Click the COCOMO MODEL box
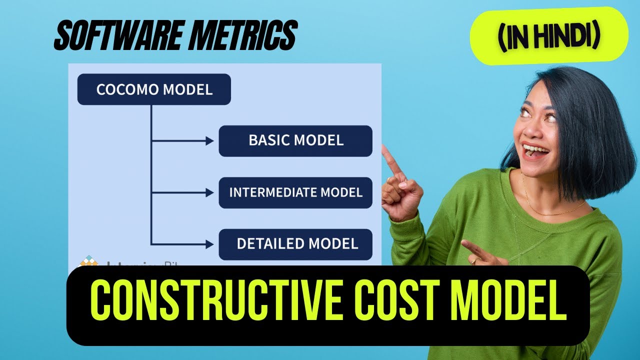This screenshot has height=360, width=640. [154, 89]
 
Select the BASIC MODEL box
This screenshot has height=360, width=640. [295, 140]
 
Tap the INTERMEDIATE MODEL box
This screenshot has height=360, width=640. [295, 192]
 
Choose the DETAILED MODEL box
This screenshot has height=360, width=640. [295, 244]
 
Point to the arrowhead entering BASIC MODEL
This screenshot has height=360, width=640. [210, 141]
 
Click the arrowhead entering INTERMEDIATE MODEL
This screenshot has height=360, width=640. [210, 192]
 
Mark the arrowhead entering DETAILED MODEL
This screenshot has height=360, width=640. [210, 244]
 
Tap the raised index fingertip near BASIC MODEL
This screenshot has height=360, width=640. [385, 149]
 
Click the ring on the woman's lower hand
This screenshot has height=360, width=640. [473, 260]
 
